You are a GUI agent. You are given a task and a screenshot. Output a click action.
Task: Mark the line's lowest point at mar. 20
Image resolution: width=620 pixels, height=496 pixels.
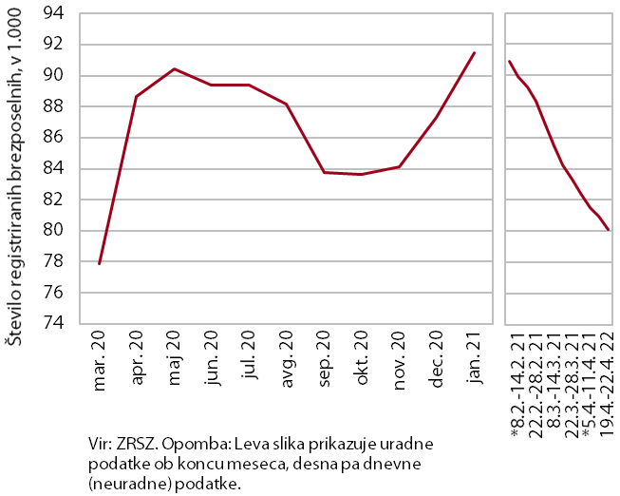click(x=99, y=264)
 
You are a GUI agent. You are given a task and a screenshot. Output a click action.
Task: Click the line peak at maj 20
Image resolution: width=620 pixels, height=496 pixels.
click(x=174, y=68)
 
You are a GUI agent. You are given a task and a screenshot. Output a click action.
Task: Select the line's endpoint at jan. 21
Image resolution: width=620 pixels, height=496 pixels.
click(x=474, y=52)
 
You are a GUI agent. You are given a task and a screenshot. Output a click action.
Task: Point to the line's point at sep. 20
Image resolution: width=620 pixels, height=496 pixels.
click(x=324, y=172)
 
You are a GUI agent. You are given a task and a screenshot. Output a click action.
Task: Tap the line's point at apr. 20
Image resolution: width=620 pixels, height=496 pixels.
click(x=137, y=96)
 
